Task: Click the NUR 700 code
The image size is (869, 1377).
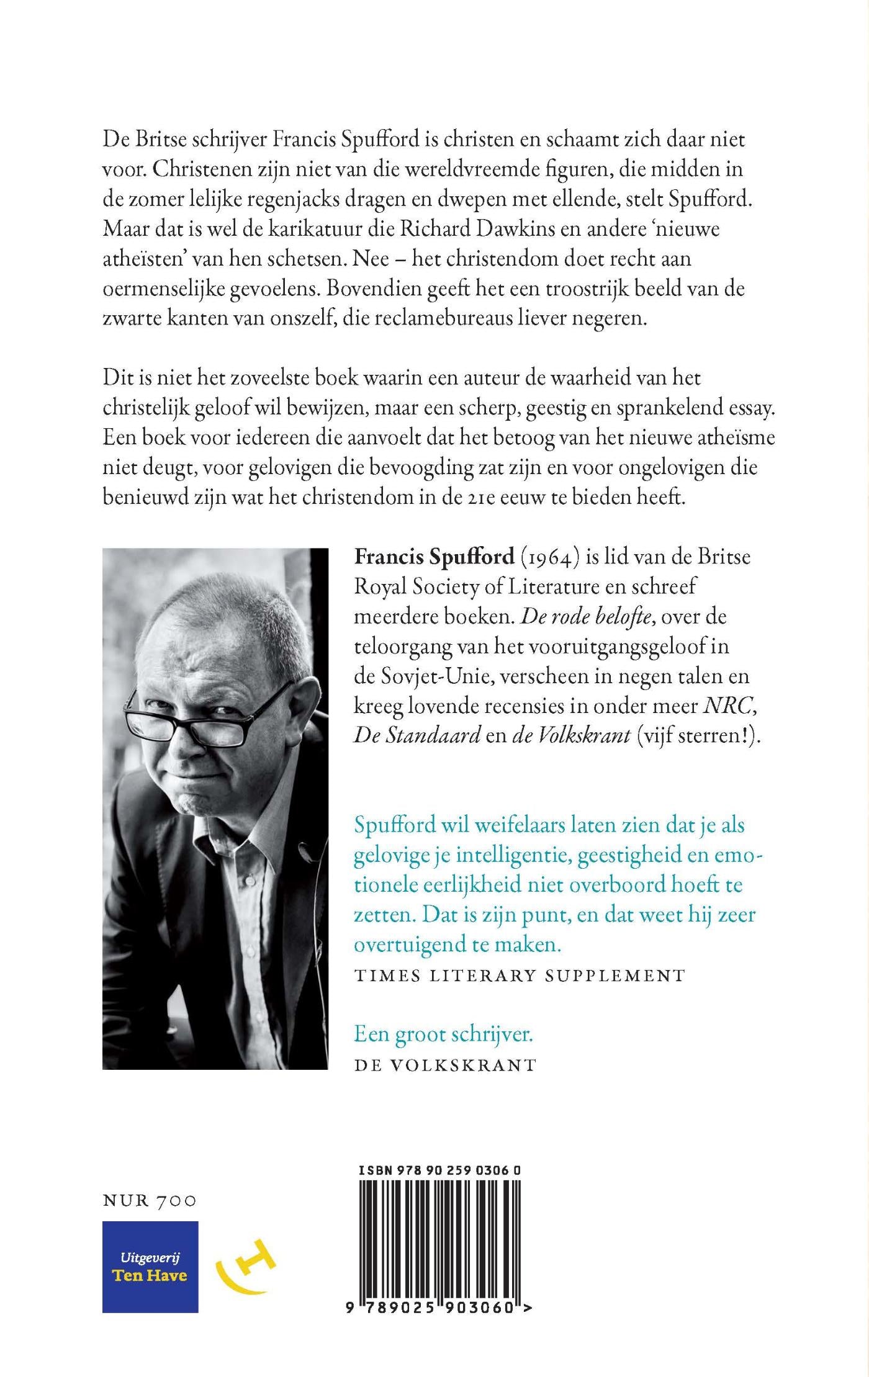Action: (x=149, y=1200)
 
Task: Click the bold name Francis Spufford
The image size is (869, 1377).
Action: (x=434, y=557)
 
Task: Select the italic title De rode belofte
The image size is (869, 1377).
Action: (x=585, y=617)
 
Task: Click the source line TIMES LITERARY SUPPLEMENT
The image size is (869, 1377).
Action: (x=520, y=976)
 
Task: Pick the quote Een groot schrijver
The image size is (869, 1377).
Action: (x=443, y=1034)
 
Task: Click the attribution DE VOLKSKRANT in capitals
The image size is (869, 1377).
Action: (x=445, y=1065)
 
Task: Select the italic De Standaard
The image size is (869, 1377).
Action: (x=417, y=736)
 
